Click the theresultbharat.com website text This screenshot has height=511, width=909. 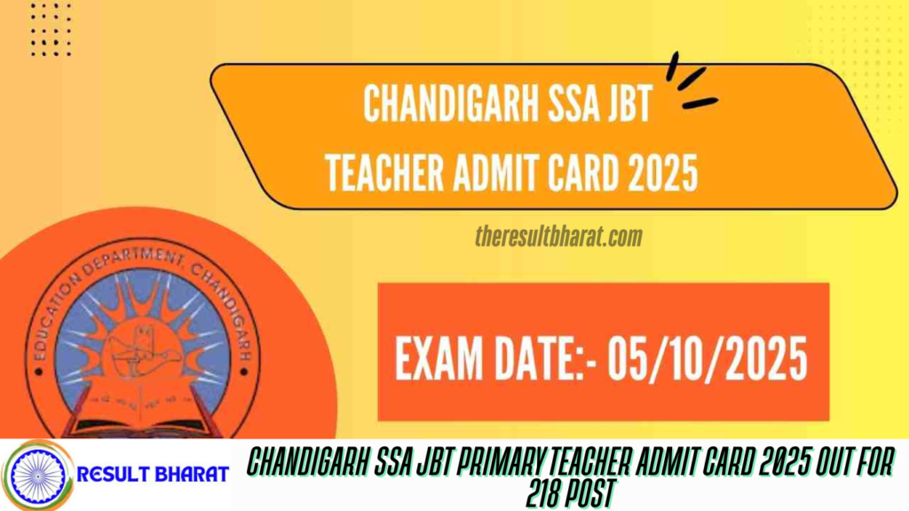[x=557, y=237]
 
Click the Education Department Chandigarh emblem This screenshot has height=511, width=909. [x=142, y=342]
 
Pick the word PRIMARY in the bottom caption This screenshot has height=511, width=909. [x=509, y=461]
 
